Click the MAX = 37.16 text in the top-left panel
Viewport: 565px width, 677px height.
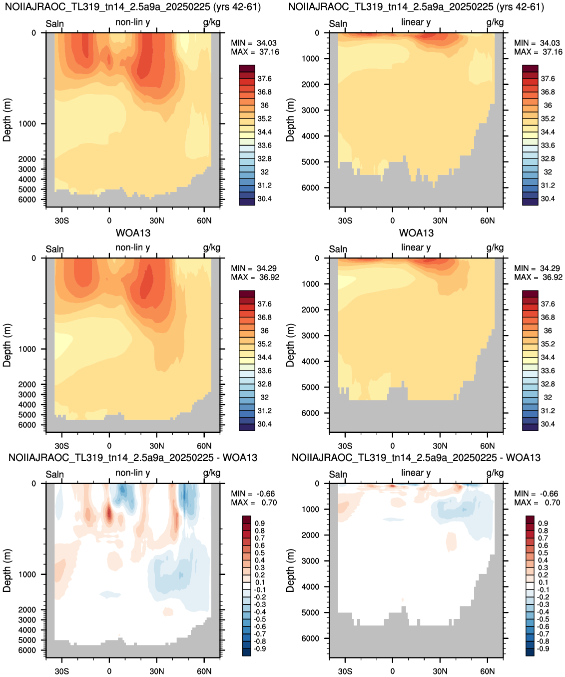tap(255, 52)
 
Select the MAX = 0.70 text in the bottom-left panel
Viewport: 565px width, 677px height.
tap(254, 502)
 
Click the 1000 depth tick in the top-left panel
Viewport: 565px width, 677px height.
tap(27, 123)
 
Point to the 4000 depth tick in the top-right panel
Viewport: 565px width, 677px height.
tap(310, 136)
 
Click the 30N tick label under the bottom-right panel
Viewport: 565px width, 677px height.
tap(440, 672)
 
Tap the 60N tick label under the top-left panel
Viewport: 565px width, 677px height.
tap(204, 221)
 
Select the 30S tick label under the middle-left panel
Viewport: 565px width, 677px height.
tap(61, 446)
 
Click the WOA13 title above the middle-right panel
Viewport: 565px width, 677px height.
tap(416, 233)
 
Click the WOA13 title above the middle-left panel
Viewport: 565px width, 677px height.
tap(133, 233)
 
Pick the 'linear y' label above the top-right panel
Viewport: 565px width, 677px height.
tap(416, 22)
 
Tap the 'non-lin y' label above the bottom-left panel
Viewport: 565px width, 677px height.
tap(133, 472)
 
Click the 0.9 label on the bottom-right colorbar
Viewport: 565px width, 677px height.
tap(543, 523)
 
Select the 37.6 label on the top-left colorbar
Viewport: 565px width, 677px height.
tap(264, 79)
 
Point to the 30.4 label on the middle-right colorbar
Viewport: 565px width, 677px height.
tap(548, 424)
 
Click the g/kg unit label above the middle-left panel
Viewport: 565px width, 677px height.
tap(212, 247)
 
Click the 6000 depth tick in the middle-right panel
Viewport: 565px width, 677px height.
tap(310, 413)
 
